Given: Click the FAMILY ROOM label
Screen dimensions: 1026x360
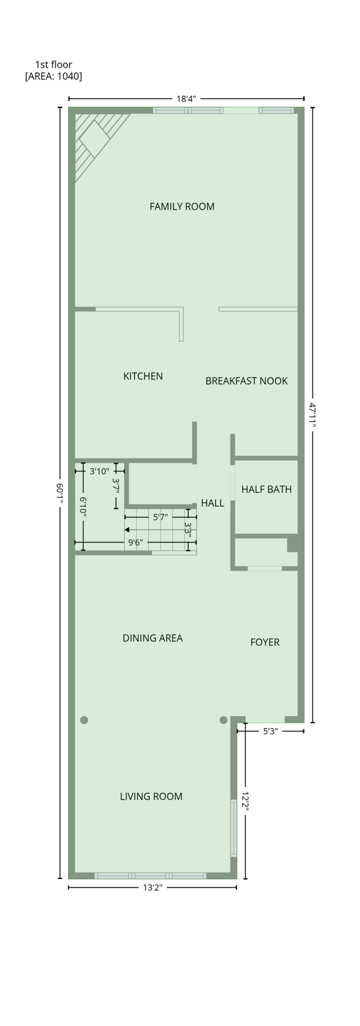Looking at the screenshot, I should [182, 206].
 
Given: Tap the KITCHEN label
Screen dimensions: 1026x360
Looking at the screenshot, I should [143, 376].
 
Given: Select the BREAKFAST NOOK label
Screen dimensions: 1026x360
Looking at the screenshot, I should [246, 381].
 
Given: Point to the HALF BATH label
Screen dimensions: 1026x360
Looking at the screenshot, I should [266, 489].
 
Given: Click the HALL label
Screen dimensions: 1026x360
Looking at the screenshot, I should [212, 503].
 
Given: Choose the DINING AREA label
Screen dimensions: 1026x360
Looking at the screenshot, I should [152, 638].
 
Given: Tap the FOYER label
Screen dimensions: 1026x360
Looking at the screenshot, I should [264, 642].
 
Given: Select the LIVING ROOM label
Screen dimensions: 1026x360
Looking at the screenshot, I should [151, 796].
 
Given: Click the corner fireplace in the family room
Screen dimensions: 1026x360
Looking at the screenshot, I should [94, 139].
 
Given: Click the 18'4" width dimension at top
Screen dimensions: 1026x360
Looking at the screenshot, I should [186, 99].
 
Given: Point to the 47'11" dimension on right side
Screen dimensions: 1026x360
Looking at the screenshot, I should [313, 414].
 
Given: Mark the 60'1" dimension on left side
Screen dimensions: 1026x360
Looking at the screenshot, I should [59, 493].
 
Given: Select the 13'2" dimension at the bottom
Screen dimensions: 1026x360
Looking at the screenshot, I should [152, 887].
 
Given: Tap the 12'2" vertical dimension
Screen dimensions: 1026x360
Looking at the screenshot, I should [245, 801].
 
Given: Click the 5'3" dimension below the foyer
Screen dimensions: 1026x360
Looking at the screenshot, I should [270, 731].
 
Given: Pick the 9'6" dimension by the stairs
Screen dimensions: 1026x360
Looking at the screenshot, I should [136, 542].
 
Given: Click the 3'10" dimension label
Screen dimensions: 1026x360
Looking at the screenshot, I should [99, 471].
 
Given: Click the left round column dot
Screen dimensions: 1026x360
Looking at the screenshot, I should [84, 720].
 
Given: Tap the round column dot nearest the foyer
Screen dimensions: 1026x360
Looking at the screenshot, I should [223, 720].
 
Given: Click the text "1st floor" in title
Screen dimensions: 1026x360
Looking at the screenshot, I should [53, 65].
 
